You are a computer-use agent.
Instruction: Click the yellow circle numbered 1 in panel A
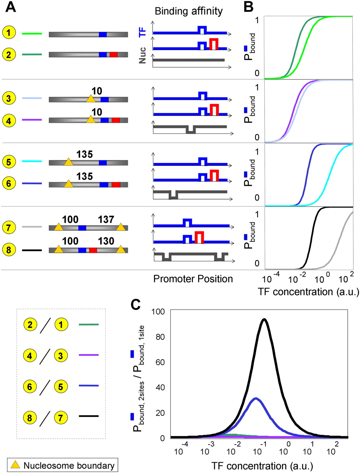pyautogui.click(x=9, y=33)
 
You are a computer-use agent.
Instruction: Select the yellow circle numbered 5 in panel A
pyautogui.click(x=9, y=162)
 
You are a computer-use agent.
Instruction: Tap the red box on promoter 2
pyautogui.click(x=113, y=55)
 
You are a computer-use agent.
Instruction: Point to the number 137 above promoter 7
pyautogui.click(x=106, y=220)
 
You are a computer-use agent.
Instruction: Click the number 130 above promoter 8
pyautogui.click(x=106, y=241)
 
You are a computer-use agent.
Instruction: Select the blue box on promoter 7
pyautogui.click(x=82, y=228)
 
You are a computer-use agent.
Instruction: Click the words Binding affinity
pyautogui.click(x=189, y=11)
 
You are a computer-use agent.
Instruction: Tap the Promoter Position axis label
pyautogui.click(x=193, y=279)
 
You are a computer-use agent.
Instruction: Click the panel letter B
pyautogui.click(x=248, y=7)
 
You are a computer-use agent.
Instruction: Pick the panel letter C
pyautogui.click(x=136, y=305)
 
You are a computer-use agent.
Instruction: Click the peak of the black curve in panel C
pyautogui.click(x=264, y=319)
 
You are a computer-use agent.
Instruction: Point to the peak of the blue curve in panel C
pyautogui.click(x=256, y=398)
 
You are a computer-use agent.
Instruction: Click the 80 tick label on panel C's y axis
pyautogui.click(x=160, y=337)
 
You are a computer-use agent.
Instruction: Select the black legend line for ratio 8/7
pyautogui.click(x=89, y=416)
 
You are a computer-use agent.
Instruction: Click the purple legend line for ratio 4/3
pyautogui.click(x=89, y=355)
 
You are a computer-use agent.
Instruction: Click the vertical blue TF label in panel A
pyautogui.click(x=143, y=32)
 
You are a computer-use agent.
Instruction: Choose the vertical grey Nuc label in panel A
pyautogui.click(x=142, y=55)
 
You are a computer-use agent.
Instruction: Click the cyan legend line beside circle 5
pyautogui.click(x=32, y=161)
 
